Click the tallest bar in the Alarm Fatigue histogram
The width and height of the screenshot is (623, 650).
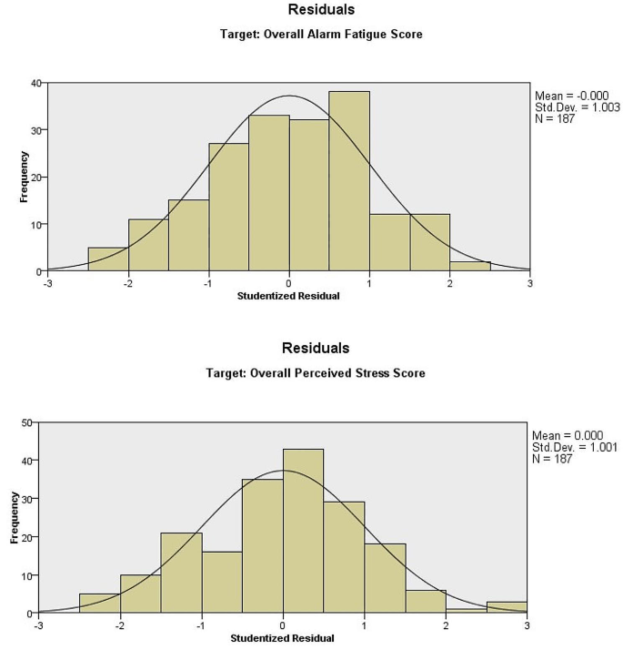click(349, 182)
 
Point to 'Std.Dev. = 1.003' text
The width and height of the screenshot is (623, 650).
click(576, 107)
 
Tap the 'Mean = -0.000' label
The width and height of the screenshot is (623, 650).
click(570, 95)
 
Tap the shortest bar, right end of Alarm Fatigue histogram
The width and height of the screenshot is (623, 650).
click(470, 267)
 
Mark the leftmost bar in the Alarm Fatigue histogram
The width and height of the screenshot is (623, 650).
click(107, 259)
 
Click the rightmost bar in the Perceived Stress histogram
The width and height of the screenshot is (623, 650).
click(507, 607)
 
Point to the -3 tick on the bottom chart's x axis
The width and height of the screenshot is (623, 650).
click(39, 625)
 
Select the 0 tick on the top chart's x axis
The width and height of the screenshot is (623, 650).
click(288, 284)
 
